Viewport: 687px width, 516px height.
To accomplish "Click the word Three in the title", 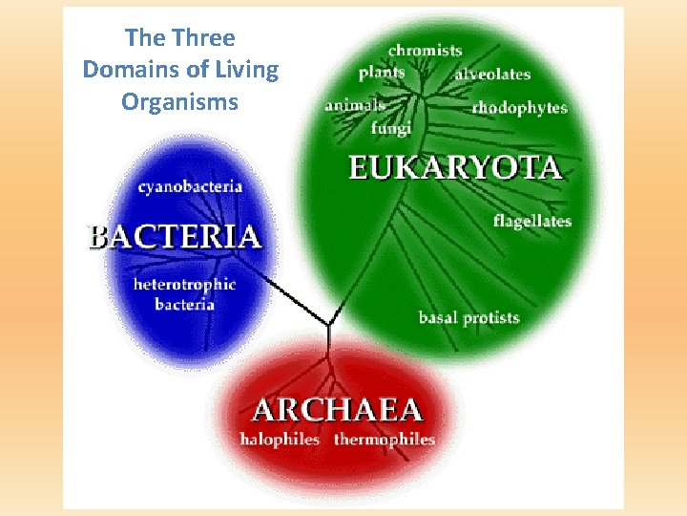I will (x=203, y=38).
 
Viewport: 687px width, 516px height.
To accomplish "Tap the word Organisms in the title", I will (x=179, y=101).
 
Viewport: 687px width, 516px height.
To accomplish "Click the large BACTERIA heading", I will (x=175, y=237).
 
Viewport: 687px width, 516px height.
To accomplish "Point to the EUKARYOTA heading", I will (x=454, y=169).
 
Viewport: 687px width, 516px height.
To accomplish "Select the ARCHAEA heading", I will (x=337, y=410).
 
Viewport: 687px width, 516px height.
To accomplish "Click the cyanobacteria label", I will (x=190, y=187).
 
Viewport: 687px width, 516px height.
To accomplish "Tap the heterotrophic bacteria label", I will (x=185, y=294).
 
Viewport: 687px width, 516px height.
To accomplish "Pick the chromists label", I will (x=426, y=50).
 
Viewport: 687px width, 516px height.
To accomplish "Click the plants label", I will (x=382, y=73).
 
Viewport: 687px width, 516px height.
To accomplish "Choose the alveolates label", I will (x=492, y=74).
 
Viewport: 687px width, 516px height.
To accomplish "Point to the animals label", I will (x=355, y=105).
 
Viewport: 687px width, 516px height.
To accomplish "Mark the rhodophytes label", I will (x=519, y=107).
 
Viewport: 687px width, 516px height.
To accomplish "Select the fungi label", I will (x=391, y=127).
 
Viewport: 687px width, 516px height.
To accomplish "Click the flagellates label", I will (x=532, y=221).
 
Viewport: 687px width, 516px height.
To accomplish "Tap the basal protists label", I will (x=468, y=317).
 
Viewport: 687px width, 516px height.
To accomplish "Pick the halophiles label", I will (x=280, y=440).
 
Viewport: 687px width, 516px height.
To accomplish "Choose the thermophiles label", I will (x=384, y=440).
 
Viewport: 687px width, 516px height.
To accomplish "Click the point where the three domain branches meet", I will (x=328, y=325).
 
